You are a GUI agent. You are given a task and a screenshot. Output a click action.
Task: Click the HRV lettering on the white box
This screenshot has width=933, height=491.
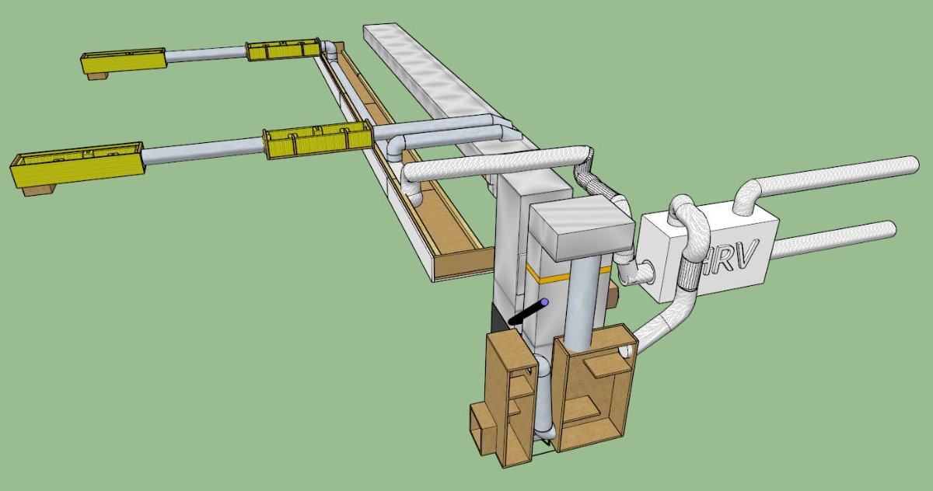tap(727, 258)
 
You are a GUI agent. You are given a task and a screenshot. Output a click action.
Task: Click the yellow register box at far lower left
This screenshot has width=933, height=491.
tap(78, 165)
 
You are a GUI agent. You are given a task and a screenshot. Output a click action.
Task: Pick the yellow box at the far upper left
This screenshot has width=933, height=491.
tap(124, 61)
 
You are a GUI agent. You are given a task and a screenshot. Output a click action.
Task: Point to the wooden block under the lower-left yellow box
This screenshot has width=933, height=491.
tap(39, 190)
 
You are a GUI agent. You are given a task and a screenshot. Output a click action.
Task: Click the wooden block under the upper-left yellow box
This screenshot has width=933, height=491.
tap(98, 75)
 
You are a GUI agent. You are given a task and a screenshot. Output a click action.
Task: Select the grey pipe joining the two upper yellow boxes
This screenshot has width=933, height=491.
tap(206, 54)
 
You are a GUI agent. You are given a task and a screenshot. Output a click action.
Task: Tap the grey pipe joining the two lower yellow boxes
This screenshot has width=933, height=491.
tap(203, 150)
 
